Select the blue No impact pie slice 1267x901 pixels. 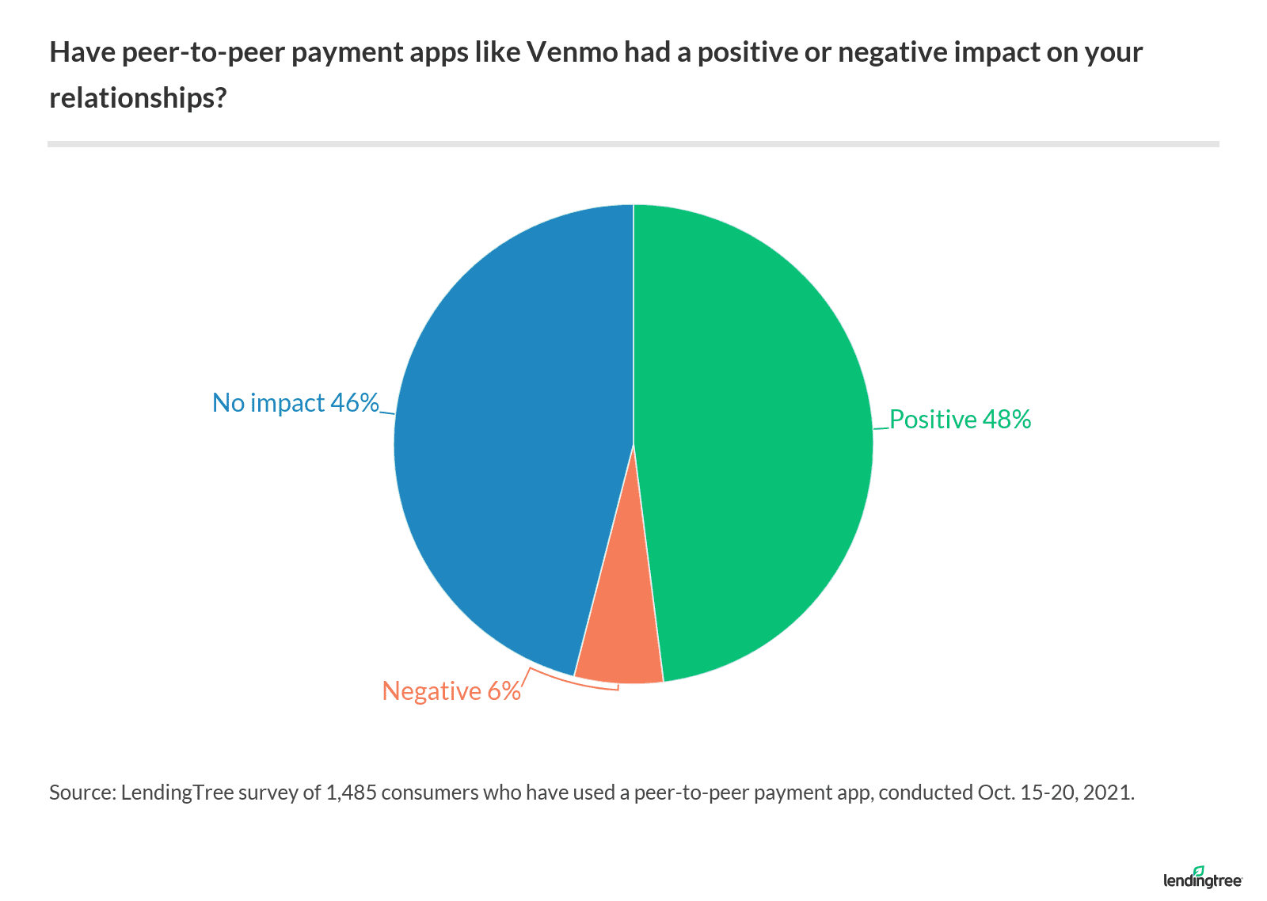(x=515, y=435)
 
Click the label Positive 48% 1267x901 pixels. (x=960, y=420)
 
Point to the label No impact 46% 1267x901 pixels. (x=295, y=403)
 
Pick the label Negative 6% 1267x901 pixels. (x=451, y=691)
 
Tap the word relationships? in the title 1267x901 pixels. (x=139, y=97)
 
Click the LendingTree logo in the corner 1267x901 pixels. (x=1202, y=877)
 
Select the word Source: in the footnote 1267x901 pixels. (x=82, y=793)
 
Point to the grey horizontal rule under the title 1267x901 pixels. (x=633, y=144)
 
